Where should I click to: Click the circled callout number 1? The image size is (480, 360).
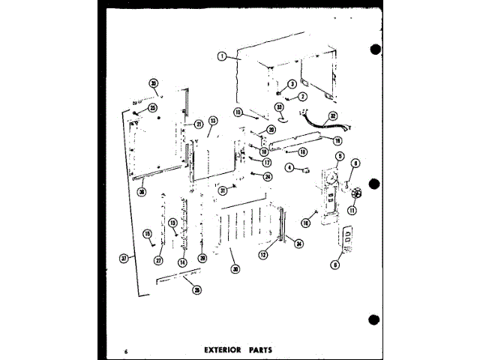[222, 55]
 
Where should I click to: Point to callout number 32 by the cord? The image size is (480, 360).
[334, 115]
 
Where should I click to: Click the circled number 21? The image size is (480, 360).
[199, 124]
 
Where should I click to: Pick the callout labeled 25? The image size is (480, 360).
[152, 108]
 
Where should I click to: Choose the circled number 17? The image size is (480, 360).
[266, 162]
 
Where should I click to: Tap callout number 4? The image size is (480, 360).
[289, 169]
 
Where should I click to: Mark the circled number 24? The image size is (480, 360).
[268, 176]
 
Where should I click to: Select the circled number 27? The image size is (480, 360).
[158, 260]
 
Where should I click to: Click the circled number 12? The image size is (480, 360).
[263, 255]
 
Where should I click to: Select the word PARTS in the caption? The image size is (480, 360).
[256, 349]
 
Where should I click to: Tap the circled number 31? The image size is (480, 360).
[223, 191]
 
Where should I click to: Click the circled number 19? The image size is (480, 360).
[337, 140]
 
